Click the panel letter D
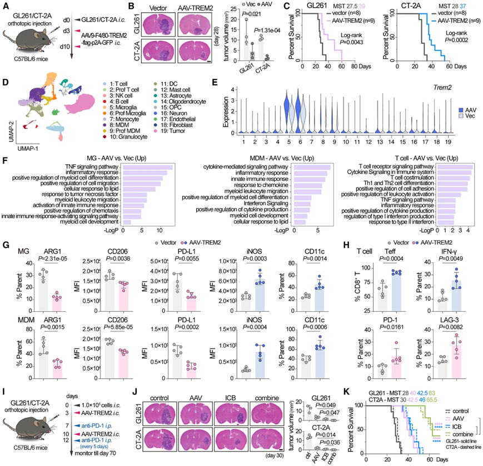tap(6, 83)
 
